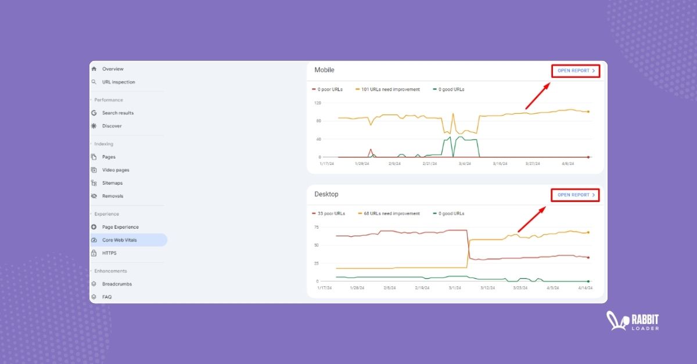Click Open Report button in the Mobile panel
(575, 71)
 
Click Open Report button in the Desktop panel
(575, 195)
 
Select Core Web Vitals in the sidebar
(120, 240)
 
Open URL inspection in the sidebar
(118, 82)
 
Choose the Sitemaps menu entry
(112, 183)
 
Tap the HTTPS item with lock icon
(109, 253)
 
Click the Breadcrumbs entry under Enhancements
(117, 284)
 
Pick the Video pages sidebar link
(116, 170)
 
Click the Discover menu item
(112, 126)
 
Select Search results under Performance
(117, 113)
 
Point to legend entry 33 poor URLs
(331, 214)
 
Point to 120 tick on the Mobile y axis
(317, 103)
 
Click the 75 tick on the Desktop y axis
(317, 227)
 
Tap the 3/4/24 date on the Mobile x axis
(465, 164)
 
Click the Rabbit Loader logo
(633, 321)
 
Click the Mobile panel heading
(324, 70)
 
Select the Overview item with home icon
(113, 69)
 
